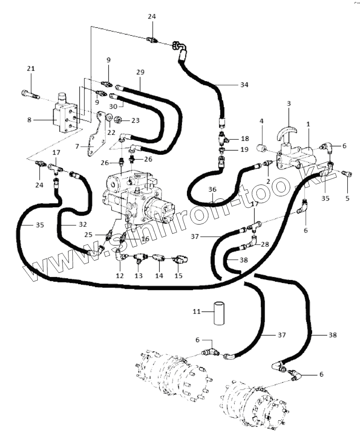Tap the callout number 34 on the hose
tap(244, 85)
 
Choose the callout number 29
tap(140, 72)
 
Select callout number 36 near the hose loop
tap(213, 189)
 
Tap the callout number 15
tap(179, 276)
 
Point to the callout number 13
tap(139, 276)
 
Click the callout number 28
tap(265, 244)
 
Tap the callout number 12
tap(120, 276)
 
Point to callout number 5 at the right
tap(347, 198)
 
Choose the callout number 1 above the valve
tap(308, 124)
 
